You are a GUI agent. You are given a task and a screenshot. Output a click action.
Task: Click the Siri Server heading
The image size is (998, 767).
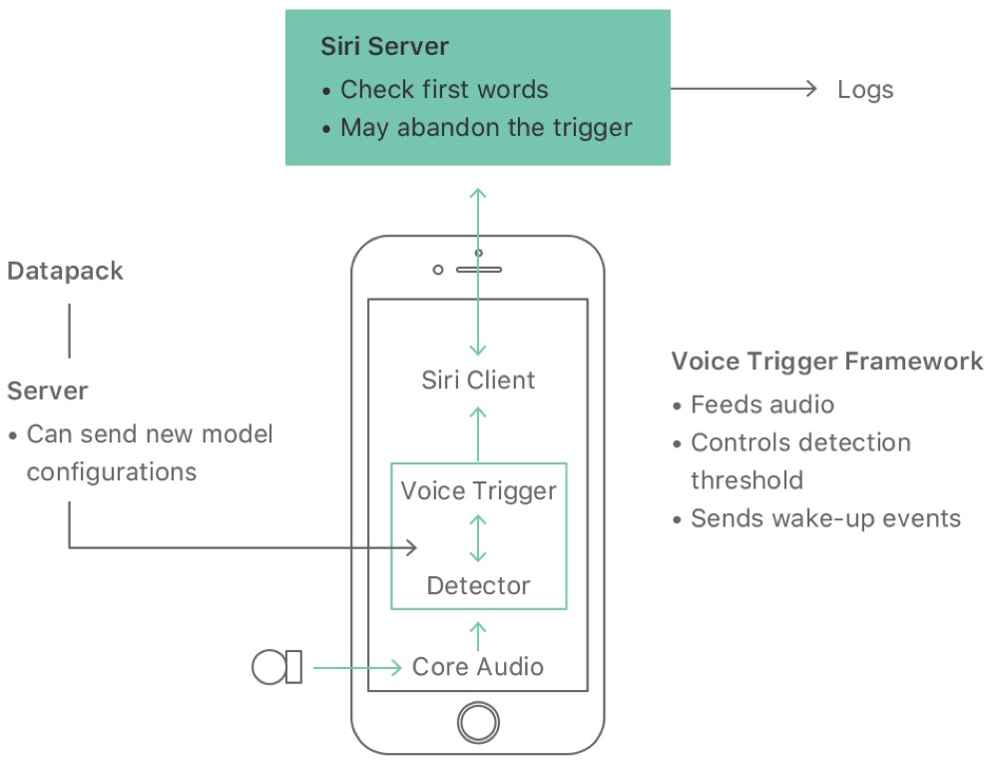pyautogui.click(x=384, y=46)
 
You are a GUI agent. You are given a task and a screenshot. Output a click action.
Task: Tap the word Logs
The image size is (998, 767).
pyautogui.click(x=865, y=90)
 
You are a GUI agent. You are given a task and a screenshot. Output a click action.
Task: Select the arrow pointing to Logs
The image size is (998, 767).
pyautogui.click(x=744, y=89)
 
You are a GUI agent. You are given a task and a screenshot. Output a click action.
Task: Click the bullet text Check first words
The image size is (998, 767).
pyautogui.click(x=444, y=90)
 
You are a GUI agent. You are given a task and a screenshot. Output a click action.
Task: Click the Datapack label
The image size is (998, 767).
pyautogui.click(x=65, y=272)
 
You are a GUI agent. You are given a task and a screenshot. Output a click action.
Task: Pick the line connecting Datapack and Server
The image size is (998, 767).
pyautogui.click(x=69, y=331)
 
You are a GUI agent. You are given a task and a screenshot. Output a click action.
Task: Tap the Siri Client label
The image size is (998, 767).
pyautogui.click(x=478, y=381)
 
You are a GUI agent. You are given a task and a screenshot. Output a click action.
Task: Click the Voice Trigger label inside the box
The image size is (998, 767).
pyautogui.click(x=478, y=491)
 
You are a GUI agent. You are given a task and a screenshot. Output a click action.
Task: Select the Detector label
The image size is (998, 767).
pyautogui.click(x=478, y=585)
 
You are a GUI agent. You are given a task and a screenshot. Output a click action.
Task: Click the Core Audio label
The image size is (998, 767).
pyautogui.click(x=478, y=666)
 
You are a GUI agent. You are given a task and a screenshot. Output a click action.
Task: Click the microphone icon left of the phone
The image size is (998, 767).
pyautogui.click(x=277, y=666)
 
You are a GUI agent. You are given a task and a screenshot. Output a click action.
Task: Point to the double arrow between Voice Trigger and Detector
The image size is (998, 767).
pyautogui.click(x=478, y=538)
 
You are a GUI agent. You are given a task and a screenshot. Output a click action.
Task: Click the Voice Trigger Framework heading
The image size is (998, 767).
pyautogui.click(x=827, y=362)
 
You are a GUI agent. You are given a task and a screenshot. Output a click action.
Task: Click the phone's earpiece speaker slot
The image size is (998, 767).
pyautogui.click(x=478, y=270)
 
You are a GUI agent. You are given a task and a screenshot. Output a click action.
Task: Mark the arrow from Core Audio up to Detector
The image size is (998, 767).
pyautogui.click(x=478, y=635)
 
